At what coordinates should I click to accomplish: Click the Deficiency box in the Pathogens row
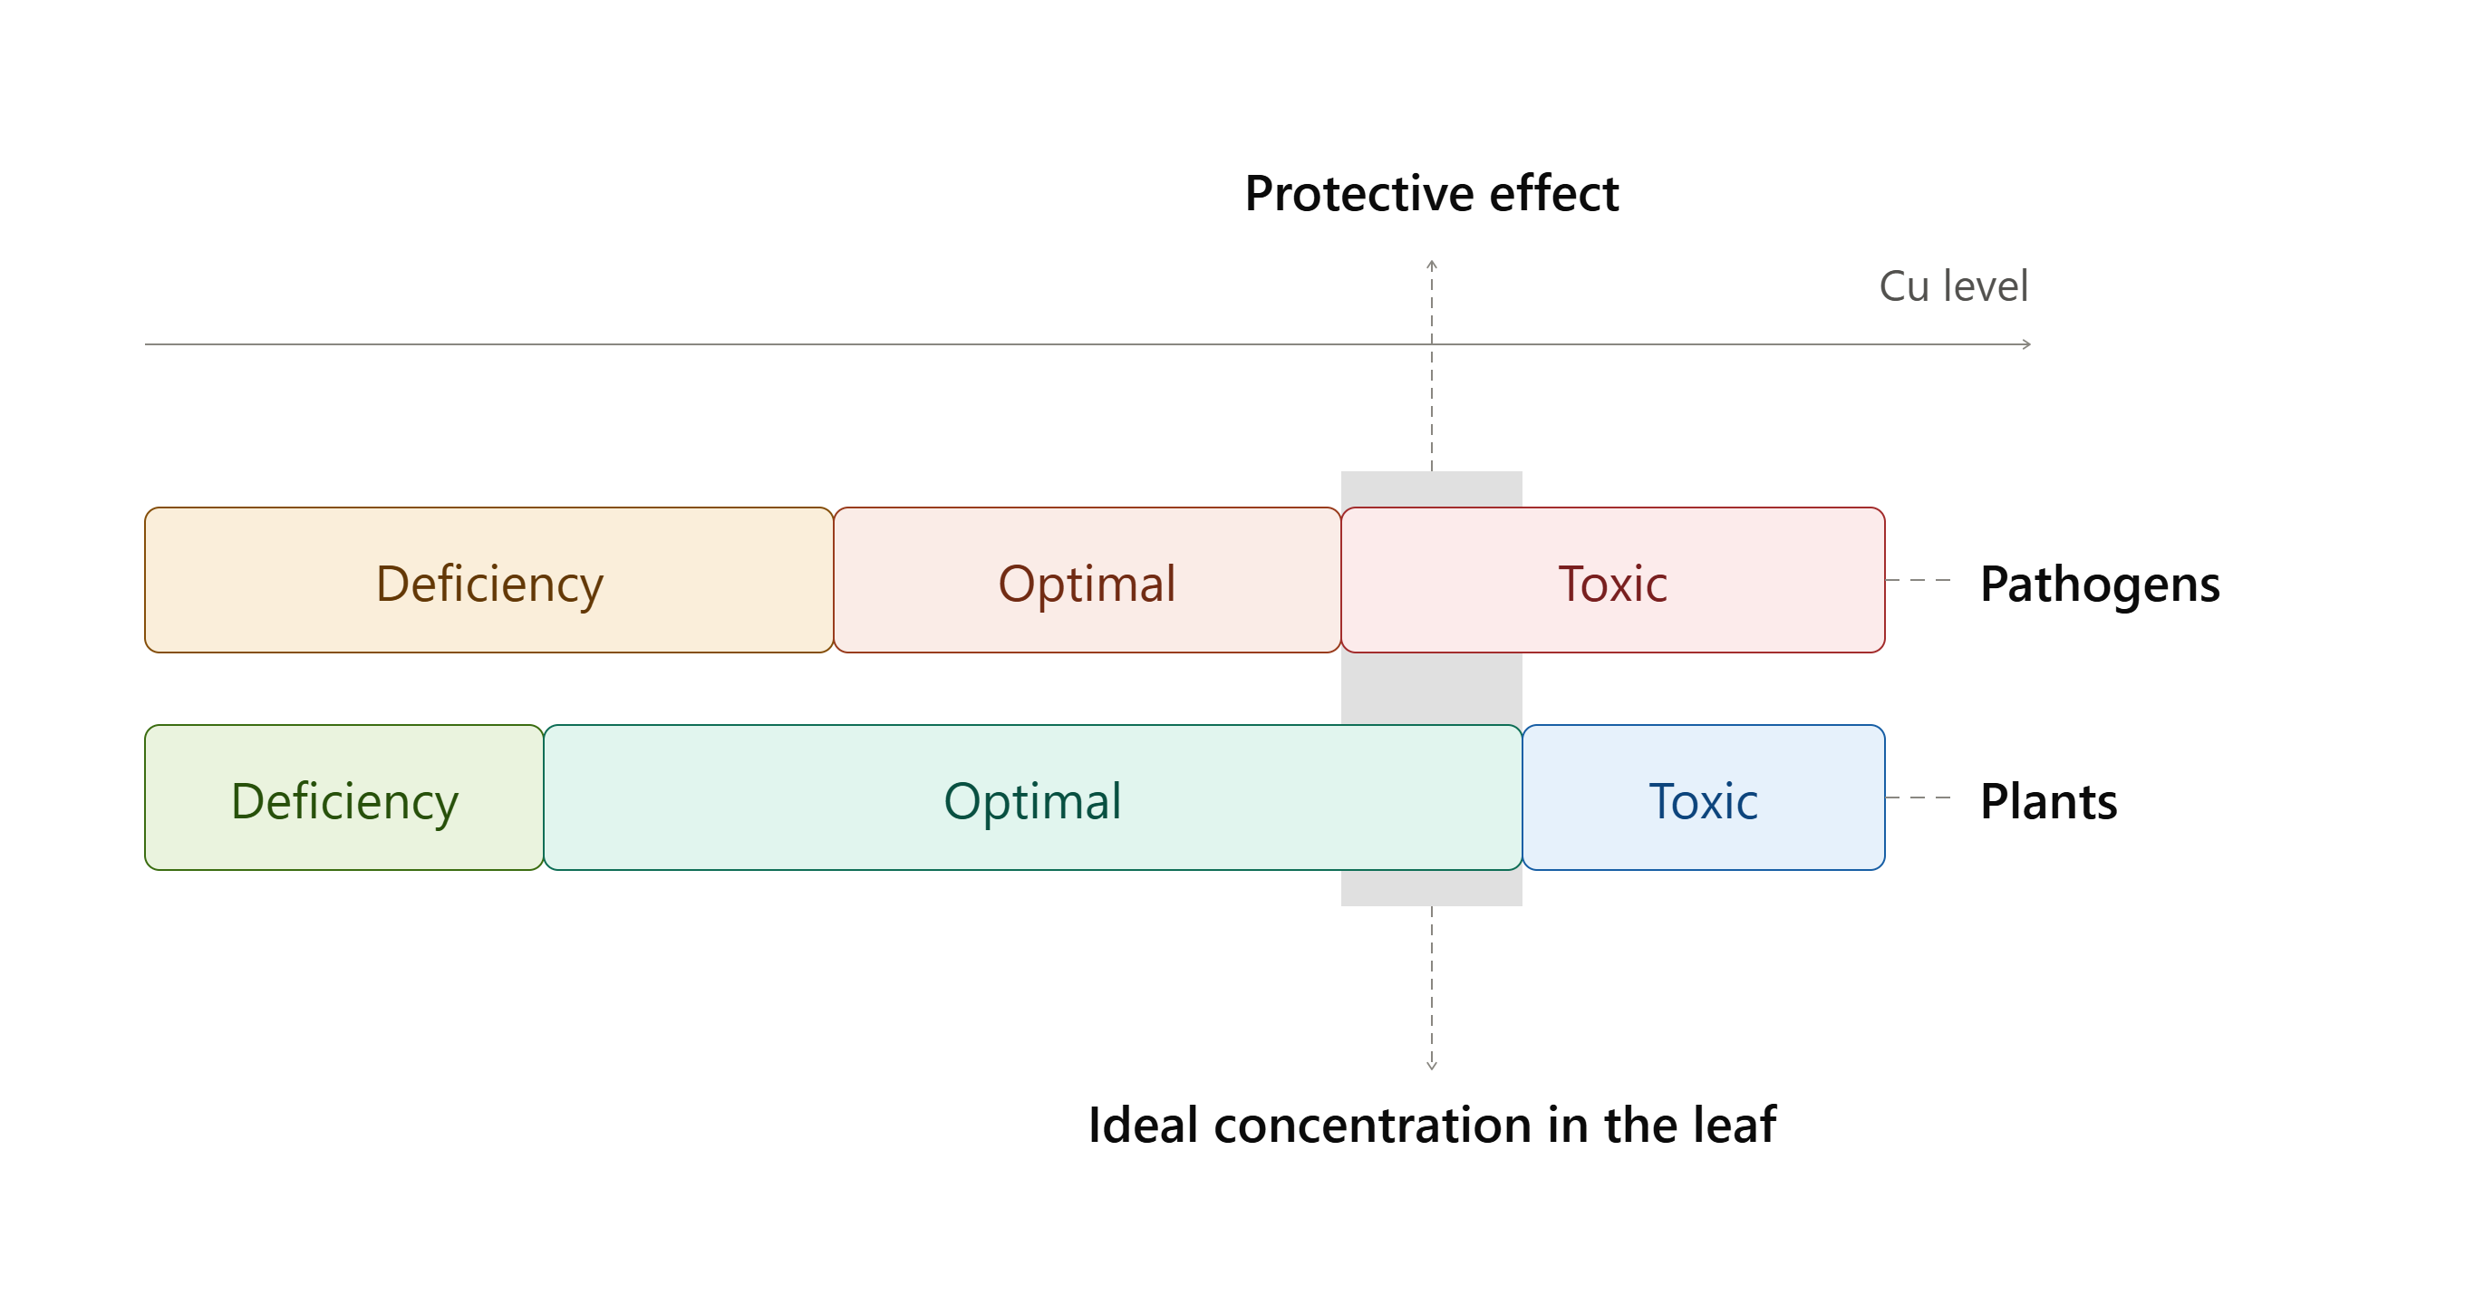tap(489, 580)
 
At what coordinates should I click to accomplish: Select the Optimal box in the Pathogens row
tap(1087, 580)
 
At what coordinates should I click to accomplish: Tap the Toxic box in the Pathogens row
tap(1612, 580)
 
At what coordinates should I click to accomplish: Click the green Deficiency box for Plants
tap(344, 797)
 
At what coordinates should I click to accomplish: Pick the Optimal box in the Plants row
tap(1032, 797)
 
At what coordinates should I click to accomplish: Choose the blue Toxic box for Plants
tap(1704, 797)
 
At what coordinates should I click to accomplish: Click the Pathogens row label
tap(2100, 585)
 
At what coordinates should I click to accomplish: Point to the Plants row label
tap(2049, 801)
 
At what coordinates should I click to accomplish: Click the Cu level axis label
tap(1953, 286)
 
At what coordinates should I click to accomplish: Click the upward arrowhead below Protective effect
tap(1432, 263)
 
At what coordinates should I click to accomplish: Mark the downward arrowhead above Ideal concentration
tap(1432, 1066)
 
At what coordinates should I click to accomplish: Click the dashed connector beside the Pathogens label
tap(1919, 580)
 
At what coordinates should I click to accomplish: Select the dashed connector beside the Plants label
tap(1919, 797)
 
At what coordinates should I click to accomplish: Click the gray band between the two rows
tap(1432, 689)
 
